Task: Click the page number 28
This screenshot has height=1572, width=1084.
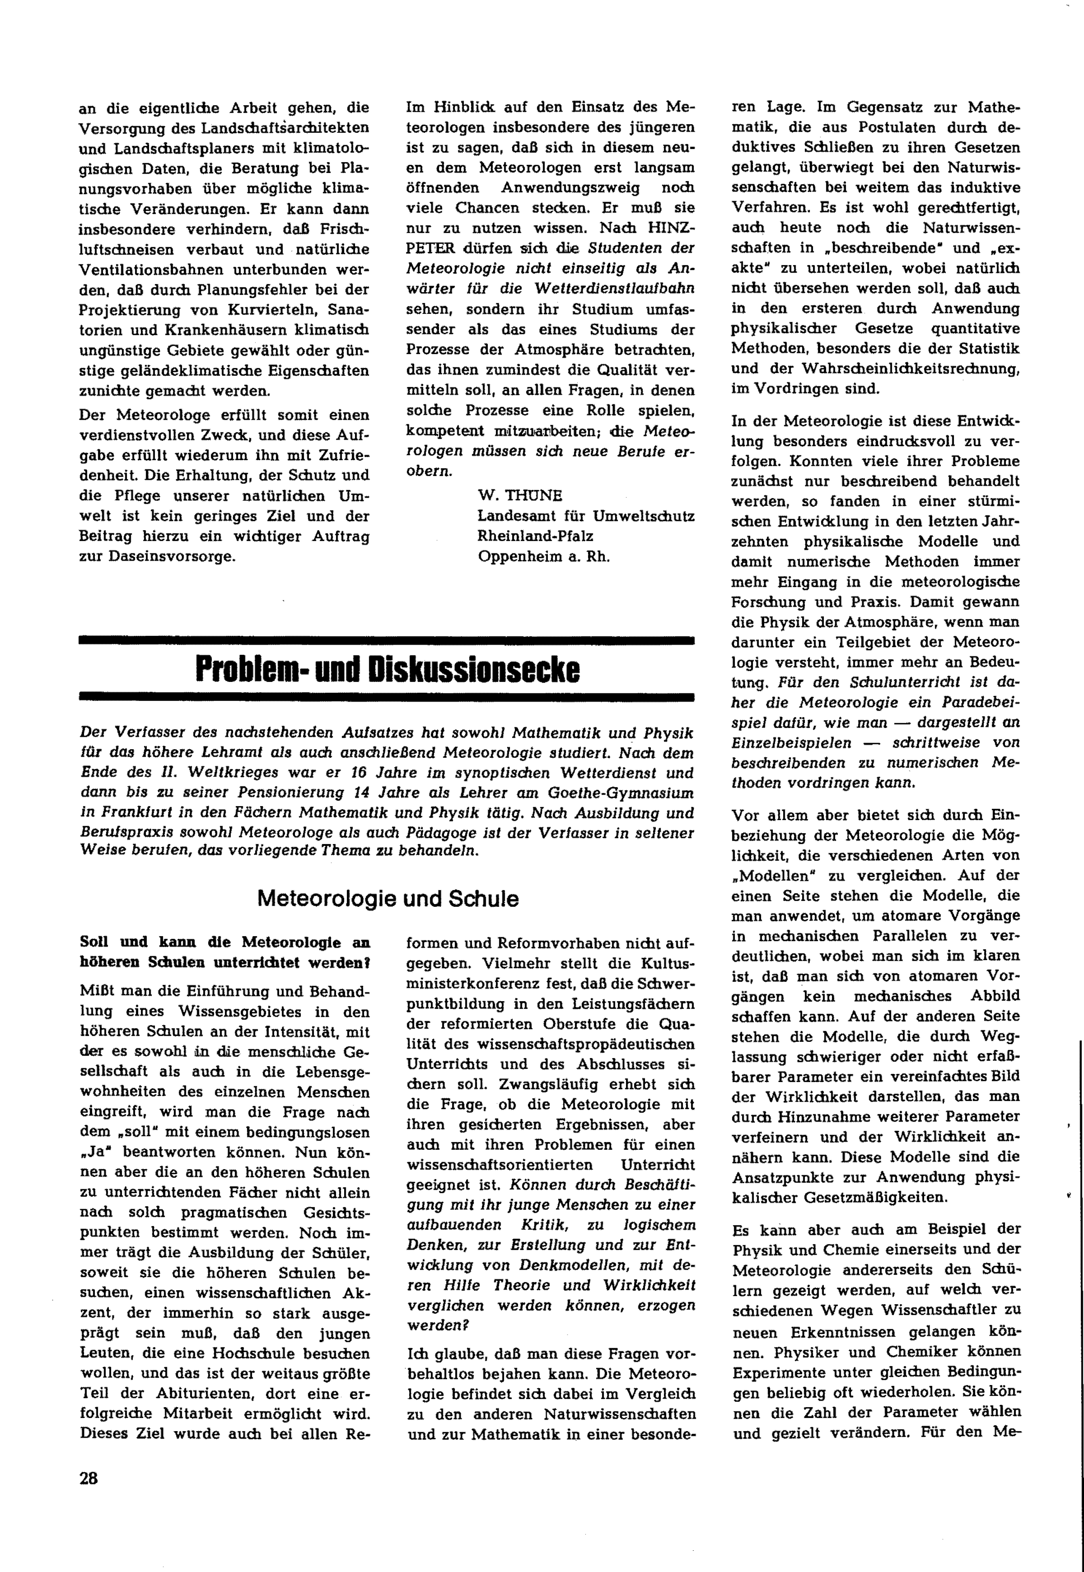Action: (x=89, y=1478)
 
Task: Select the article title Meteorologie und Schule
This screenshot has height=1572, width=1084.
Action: (x=388, y=899)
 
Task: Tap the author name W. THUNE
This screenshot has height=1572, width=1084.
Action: (x=520, y=495)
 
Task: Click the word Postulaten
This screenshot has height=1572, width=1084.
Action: (x=877, y=127)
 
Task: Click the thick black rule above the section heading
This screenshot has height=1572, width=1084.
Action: (x=386, y=640)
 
